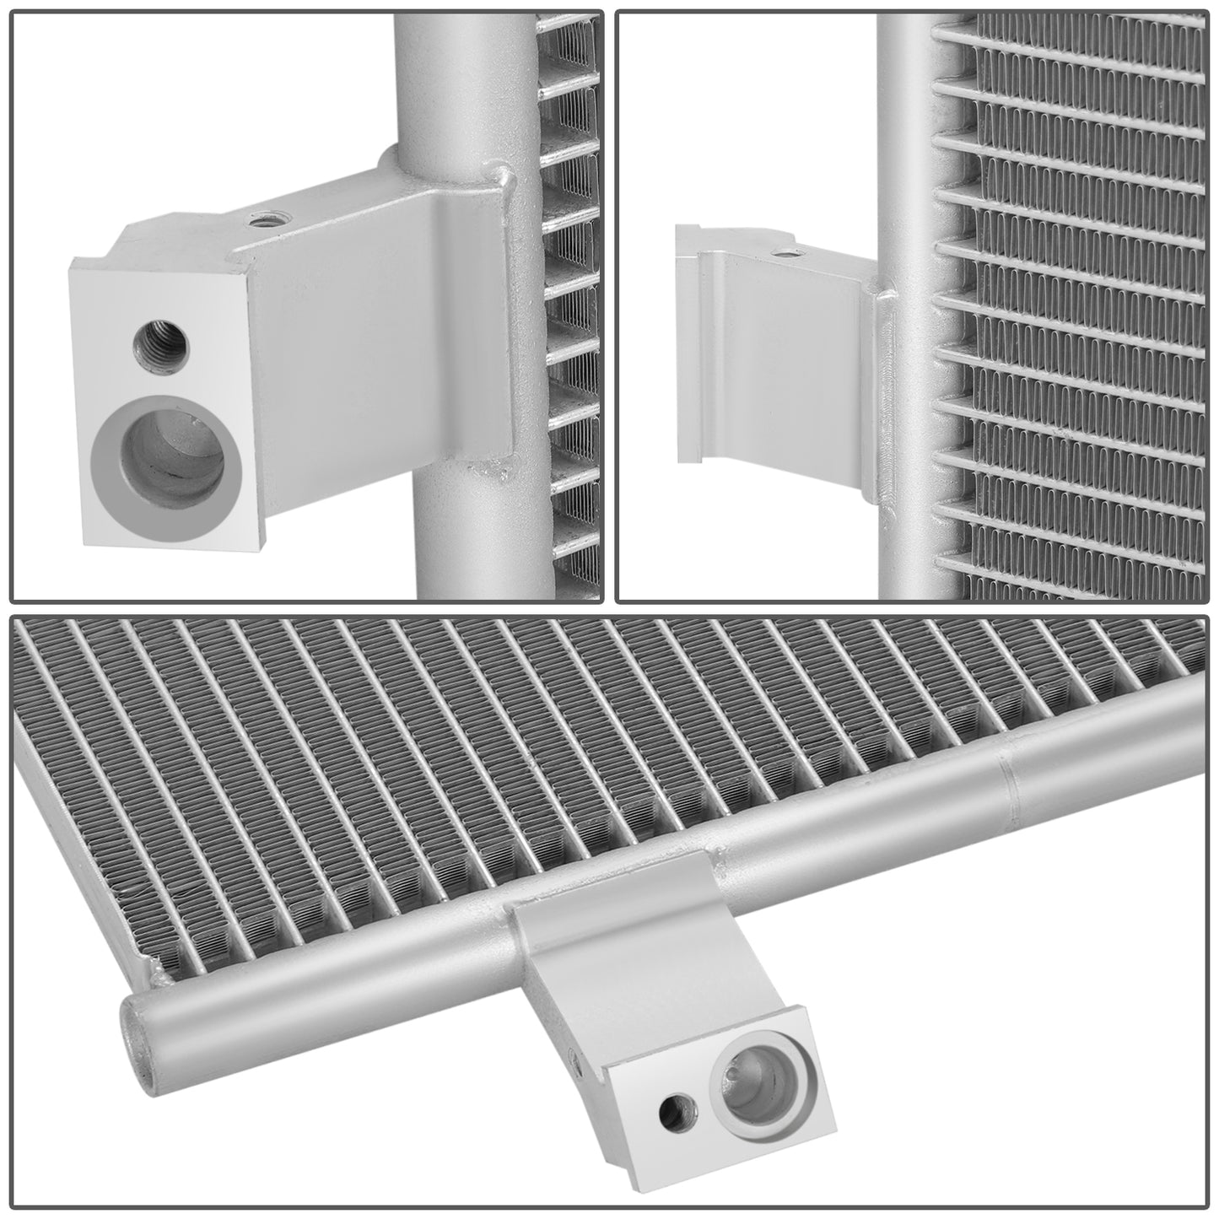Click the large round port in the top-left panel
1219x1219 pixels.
(x=165, y=471)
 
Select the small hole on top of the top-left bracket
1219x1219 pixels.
(x=264, y=221)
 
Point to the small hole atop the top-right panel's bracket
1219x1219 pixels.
(x=786, y=251)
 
